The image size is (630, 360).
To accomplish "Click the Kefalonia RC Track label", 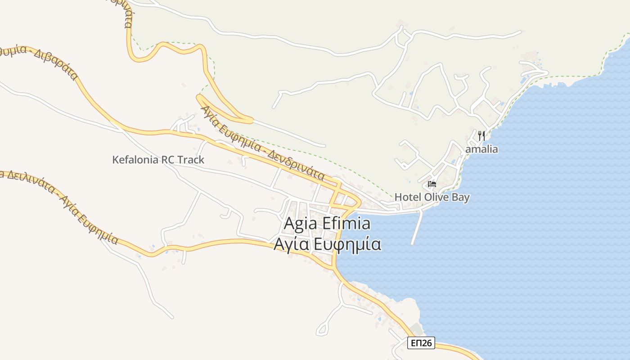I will pos(158,160).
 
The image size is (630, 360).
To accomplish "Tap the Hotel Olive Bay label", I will pos(432,197).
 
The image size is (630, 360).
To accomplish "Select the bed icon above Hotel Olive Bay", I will pos(432,184).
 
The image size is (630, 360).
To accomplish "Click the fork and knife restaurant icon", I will pos(481,135).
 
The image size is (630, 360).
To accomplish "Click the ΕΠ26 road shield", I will pos(421,343).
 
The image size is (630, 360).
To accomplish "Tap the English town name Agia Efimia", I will pos(327,224).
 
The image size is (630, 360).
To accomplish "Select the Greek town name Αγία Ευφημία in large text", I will pos(328,244).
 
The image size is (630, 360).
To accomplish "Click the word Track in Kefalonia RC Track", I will pos(191,160).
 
